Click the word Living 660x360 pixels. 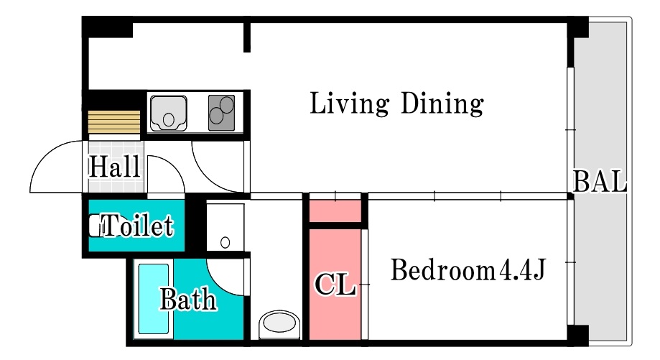349,103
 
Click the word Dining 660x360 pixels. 442,103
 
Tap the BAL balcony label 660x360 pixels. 600,182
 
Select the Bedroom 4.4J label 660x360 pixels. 468,270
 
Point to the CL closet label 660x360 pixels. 335,285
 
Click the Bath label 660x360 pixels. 188,300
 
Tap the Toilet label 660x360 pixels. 138,225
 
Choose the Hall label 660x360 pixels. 114,167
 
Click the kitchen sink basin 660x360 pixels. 168,113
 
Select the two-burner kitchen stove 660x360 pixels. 221,112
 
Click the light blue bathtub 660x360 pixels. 153,298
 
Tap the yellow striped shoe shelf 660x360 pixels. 114,122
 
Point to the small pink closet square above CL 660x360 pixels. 335,211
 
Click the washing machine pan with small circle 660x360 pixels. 226,227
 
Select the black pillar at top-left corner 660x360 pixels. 107,27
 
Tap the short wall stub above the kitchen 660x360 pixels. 247,37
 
